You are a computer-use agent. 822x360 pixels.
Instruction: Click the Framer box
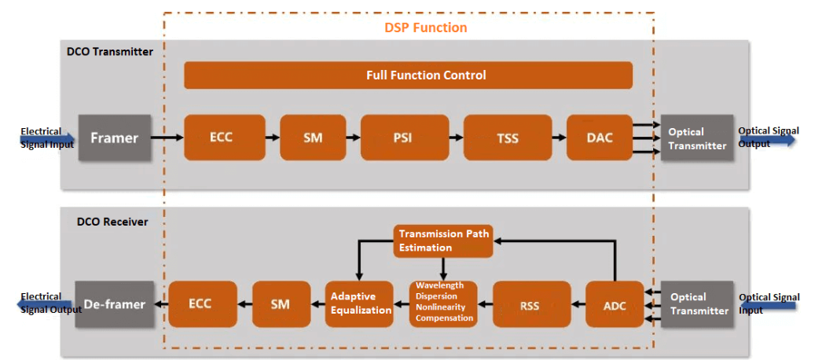[114, 138]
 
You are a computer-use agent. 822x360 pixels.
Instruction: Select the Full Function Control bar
[408, 75]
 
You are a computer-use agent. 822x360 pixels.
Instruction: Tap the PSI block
[404, 138]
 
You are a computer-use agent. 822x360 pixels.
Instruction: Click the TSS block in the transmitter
[507, 138]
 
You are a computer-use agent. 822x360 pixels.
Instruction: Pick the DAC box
[600, 138]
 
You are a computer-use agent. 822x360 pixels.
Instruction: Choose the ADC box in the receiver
[615, 304]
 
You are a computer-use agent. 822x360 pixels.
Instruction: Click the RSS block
[530, 304]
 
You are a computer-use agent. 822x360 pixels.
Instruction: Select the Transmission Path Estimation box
[443, 240]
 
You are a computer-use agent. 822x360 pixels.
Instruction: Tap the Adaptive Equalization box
[361, 303]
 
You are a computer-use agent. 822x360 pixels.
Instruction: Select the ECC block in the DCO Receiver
[201, 304]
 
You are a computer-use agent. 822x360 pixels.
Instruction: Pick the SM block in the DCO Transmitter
[313, 138]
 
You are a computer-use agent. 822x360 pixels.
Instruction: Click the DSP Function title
[425, 28]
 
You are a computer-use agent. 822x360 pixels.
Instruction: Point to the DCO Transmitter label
[110, 52]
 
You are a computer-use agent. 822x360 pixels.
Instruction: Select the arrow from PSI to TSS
[456, 138]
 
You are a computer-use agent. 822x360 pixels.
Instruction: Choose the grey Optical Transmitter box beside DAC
[696, 138]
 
